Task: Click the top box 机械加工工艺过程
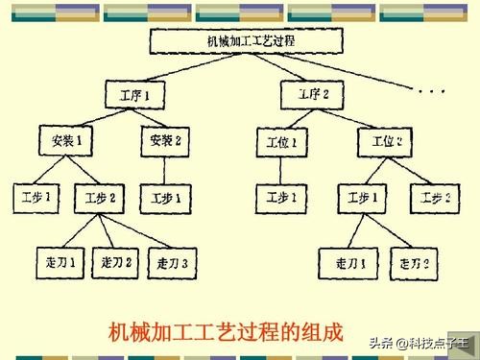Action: (x=251, y=41)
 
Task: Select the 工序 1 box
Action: (x=134, y=95)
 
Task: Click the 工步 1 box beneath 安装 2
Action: (x=167, y=201)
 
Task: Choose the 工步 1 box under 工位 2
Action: (x=362, y=201)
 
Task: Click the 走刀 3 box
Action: (x=177, y=261)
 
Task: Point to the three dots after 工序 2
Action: (x=430, y=91)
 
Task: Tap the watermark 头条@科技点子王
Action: (x=420, y=343)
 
